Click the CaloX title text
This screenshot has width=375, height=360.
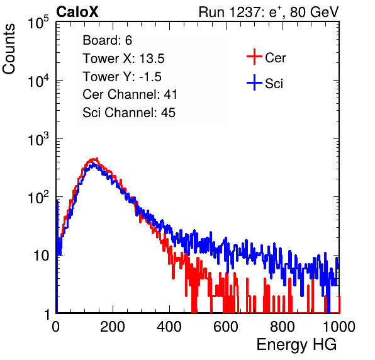(77, 12)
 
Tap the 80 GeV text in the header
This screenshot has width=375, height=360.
(314, 12)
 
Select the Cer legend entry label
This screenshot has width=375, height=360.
(275, 58)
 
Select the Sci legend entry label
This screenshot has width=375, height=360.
(274, 84)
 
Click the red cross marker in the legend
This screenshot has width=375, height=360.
(254, 57)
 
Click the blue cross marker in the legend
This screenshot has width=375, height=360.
(254, 82)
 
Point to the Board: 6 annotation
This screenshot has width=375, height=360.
(108, 40)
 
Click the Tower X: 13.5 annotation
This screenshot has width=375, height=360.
(123, 59)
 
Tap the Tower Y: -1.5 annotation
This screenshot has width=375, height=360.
(122, 77)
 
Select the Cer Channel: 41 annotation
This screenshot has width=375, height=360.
(130, 94)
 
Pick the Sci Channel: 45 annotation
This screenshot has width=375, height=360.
(129, 113)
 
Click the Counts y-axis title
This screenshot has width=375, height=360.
(9, 49)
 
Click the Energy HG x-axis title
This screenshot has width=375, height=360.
(296, 345)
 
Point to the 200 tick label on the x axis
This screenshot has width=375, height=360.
(113, 327)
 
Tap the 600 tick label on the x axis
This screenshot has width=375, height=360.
(226, 327)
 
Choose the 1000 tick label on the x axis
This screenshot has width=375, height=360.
(339, 327)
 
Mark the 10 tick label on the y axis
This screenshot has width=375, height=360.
(41, 256)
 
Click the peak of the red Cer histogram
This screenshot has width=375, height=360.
(97, 159)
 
